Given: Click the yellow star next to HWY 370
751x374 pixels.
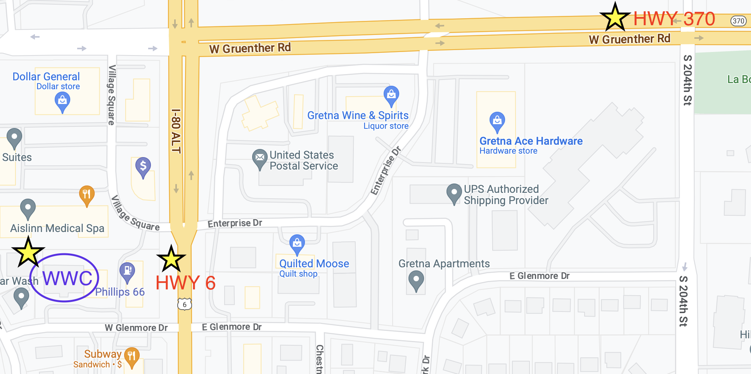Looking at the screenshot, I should [615, 18].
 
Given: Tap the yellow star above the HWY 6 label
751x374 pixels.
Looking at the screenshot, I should [171, 259].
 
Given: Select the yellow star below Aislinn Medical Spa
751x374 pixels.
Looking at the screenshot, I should [28, 252].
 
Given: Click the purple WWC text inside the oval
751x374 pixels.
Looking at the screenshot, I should [67, 278].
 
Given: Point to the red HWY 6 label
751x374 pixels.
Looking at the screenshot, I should [185, 283].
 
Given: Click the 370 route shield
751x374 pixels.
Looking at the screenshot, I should [738, 21].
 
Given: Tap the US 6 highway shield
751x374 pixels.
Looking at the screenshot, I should [185, 304].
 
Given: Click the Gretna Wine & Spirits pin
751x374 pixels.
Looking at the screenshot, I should [391, 95].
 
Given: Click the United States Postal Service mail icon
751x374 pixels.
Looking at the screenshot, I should [260, 158].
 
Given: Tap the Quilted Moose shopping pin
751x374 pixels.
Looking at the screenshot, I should [297, 244].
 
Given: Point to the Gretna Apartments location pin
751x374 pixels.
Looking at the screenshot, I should [416, 280].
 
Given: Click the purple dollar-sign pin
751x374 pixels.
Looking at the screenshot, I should [143, 167].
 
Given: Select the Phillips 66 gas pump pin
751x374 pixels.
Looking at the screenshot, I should [127, 271].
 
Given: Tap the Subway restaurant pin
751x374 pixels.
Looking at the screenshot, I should [132, 356].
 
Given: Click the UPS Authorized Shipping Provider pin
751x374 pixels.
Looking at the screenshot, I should [454, 193].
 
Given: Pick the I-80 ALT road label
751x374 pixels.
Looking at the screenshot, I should [176, 131].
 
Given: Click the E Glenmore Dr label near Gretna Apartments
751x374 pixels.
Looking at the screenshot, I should [539, 276].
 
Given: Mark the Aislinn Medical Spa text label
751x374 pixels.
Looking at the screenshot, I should [57, 228].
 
